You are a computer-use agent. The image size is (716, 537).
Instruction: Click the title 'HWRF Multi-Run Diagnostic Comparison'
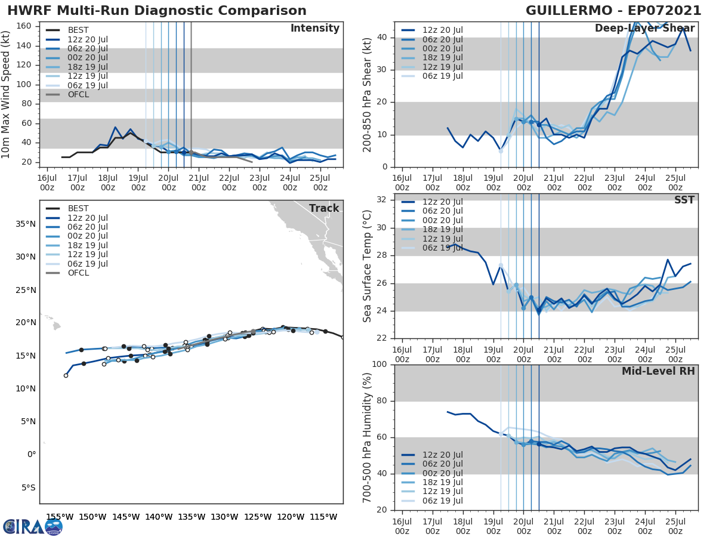pyautogui.click(x=157, y=11)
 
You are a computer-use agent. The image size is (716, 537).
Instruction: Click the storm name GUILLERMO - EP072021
pyautogui.click(x=613, y=11)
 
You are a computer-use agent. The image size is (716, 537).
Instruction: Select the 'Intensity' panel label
pyautogui.click(x=314, y=29)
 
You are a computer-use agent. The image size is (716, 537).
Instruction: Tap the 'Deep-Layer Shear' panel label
pyautogui.click(x=644, y=29)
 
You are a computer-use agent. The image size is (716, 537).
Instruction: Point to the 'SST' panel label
pyautogui.click(x=684, y=200)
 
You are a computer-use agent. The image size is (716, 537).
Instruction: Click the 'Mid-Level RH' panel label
pyautogui.click(x=658, y=371)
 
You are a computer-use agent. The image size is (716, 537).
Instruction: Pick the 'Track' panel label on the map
pyautogui.click(x=324, y=208)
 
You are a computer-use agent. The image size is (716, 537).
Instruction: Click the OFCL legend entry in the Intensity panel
pyautogui.click(x=78, y=94)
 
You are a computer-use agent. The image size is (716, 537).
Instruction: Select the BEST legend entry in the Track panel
pyautogui.click(x=78, y=208)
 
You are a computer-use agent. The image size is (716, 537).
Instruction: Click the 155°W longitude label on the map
pyautogui.click(x=60, y=517)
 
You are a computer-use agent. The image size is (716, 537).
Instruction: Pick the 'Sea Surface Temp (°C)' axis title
pyautogui.click(x=367, y=266)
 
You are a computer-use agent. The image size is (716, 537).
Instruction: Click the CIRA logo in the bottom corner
pyautogui.click(x=32, y=526)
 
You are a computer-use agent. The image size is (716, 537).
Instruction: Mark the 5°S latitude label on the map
pyautogui.click(x=27, y=487)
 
